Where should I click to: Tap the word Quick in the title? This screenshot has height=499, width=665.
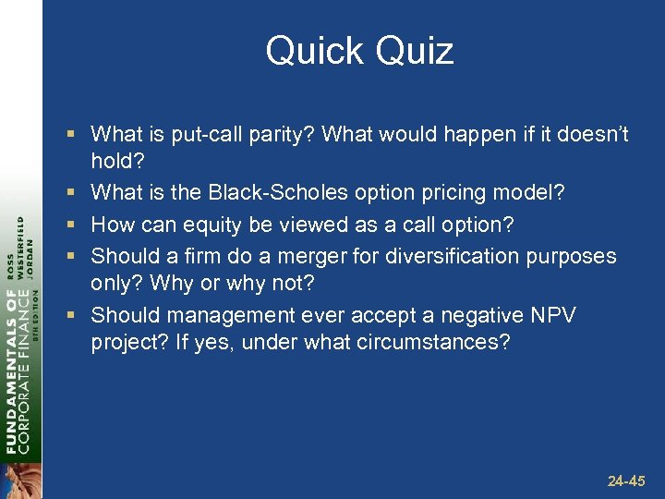[x=311, y=51]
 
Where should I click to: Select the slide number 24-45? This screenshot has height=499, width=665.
[x=626, y=481]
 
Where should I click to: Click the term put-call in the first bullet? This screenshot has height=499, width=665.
[x=208, y=135]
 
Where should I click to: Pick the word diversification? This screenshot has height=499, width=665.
[x=448, y=255]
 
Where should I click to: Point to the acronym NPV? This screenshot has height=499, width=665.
[x=553, y=315]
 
